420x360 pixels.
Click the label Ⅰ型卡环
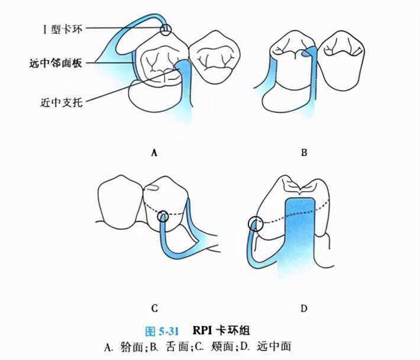[63, 29]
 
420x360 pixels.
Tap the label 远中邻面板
[56, 63]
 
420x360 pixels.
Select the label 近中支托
[62, 102]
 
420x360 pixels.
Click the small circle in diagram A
[166, 30]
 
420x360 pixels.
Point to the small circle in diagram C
[163, 216]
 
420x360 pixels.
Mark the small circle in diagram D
[256, 224]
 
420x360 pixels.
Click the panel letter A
[154, 153]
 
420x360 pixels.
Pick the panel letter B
[304, 153]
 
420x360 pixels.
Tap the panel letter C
[154, 308]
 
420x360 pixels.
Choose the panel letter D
[303, 308]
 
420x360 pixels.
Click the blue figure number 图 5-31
[161, 332]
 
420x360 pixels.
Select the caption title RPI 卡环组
[221, 330]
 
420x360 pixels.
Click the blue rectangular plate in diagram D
[299, 236]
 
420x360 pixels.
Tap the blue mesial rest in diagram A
[183, 66]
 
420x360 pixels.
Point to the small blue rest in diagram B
[305, 54]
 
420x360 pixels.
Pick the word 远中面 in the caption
[274, 347]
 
